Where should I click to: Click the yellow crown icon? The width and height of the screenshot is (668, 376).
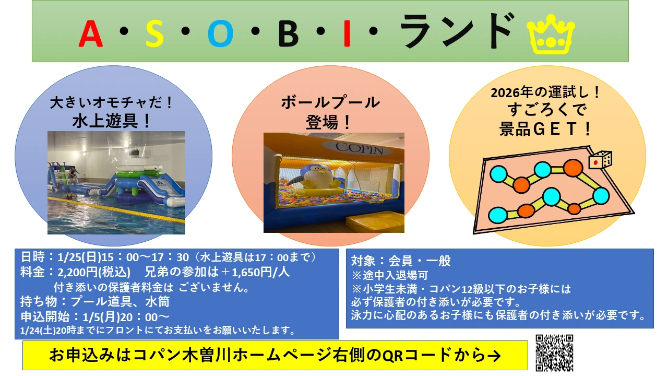point(551,35)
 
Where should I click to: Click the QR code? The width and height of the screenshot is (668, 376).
point(554,353)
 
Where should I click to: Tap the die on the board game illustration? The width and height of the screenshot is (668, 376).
point(600,160)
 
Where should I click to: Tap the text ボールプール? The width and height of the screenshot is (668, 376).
point(330,102)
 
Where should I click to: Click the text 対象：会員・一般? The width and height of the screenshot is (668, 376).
point(400,261)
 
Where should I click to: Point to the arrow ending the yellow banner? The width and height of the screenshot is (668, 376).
point(493,356)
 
